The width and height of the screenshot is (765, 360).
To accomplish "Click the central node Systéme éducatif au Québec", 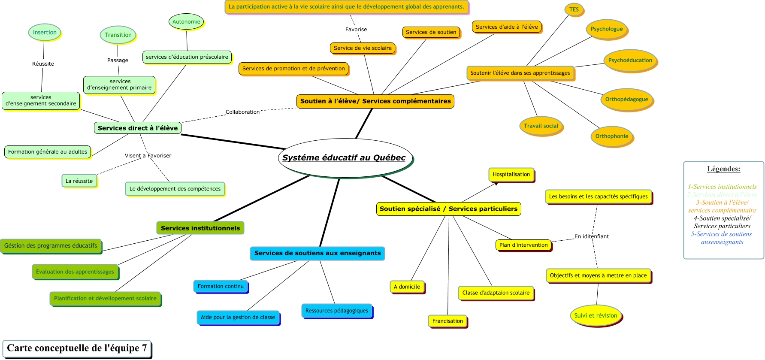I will [x=344, y=158].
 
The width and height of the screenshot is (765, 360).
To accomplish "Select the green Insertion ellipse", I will [x=45, y=32].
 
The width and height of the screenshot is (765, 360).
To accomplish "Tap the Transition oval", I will [x=118, y=35].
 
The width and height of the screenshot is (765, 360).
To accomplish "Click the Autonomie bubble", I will [x=186, y=22].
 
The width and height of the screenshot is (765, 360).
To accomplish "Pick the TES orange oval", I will [x=574, y=9].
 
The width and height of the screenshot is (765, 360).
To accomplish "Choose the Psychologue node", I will [x=607, y=29].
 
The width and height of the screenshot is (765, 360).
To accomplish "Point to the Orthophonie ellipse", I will [x=612, y=136].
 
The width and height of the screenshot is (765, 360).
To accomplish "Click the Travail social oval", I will [x=541, y=126].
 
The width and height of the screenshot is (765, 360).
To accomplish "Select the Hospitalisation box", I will [x=511, y=175].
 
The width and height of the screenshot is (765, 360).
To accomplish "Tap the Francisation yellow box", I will [x=448, y=321].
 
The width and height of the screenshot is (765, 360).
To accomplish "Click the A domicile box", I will [x=407, y=287].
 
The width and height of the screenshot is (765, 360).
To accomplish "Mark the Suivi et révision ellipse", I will [x=596, y=316].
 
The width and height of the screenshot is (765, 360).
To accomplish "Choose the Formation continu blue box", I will [x=221, y=286].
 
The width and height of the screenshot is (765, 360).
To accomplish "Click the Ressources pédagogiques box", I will [x=337, y=311].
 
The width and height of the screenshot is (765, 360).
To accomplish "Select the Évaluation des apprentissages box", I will [x=75, y=272].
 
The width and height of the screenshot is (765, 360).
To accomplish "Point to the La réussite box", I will [x=79, y=181].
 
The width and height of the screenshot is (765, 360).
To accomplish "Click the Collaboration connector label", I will [x=242, y=112].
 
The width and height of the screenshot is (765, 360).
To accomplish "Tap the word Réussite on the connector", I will [x=43, y=64].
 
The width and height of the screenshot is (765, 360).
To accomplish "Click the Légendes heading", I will [x=723, y=169].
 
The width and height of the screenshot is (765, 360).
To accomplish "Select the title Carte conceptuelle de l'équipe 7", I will [x=77, y=348].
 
